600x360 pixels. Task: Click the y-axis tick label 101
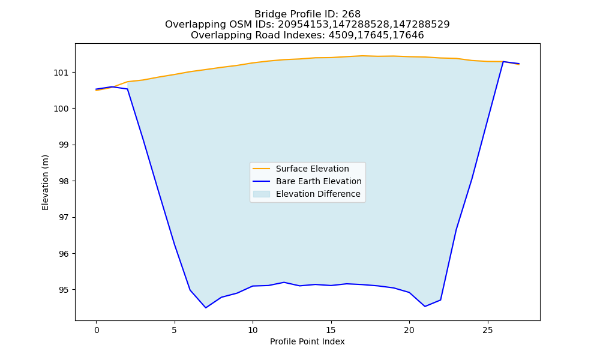click(62, 73)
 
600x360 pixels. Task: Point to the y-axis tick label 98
click(64, 181)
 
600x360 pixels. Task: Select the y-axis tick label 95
click(64, 290)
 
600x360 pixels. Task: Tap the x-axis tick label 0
click(97, 330)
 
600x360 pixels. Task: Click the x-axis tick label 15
click(331, 330)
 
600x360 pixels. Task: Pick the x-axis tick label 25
click(487, 330)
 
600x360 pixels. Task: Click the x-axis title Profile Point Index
click(307, 341)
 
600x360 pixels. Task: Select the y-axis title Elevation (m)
click(45, 182)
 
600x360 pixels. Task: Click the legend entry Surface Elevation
click(312, 169)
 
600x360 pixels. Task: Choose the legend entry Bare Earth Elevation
click(319, 181)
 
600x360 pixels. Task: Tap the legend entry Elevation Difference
click(318, 194)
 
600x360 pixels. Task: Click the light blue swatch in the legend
click(262, 194)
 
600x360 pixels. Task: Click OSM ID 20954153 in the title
click(302, 25)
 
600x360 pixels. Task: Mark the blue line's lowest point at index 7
click(206, 308)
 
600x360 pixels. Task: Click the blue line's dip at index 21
click(425, 307)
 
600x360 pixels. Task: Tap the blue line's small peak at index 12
click(284, 283)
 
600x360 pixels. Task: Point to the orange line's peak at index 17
click(362, 56)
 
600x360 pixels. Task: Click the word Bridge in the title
click(268, 14)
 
